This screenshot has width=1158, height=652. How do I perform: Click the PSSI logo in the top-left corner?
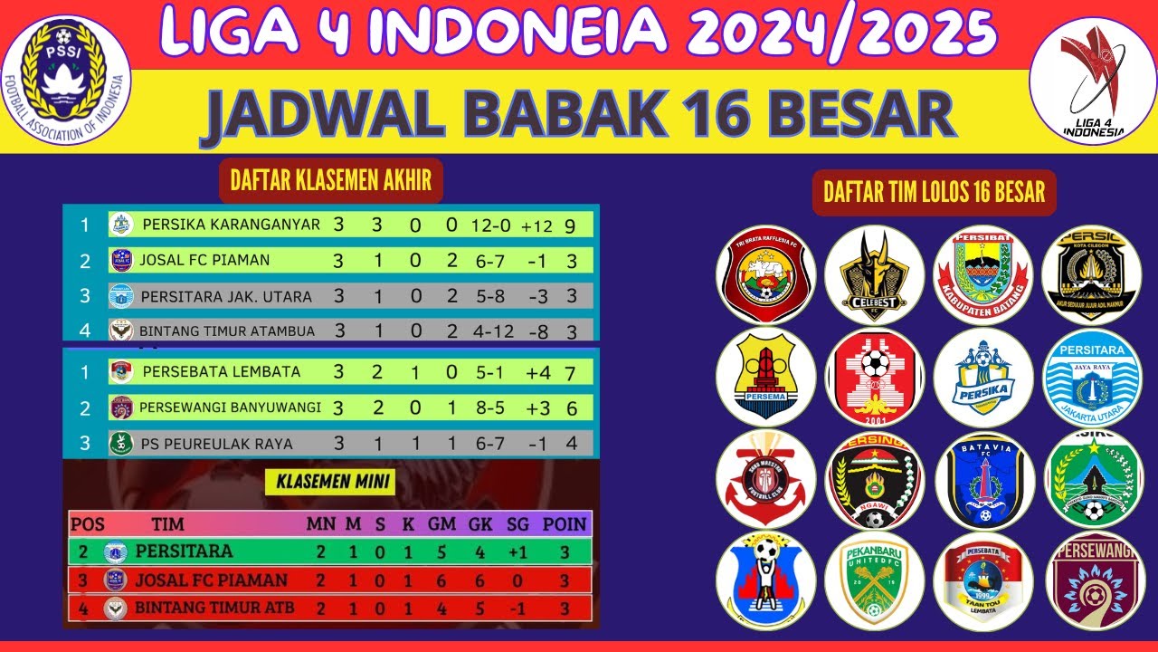pos(65,80)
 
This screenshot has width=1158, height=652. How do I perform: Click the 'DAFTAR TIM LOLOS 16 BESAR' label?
pos(934,192)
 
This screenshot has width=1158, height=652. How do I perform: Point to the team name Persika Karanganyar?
pos(231,224)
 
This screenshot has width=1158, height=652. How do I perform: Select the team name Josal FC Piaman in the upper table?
pos(204,260)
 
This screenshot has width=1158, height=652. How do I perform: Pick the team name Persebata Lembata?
pos(221,371)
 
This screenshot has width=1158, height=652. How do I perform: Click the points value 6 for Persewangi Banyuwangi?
pos(572,408)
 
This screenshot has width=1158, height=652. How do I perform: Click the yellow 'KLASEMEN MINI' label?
pos(329,482)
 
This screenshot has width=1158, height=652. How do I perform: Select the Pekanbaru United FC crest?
pos(874,581)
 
